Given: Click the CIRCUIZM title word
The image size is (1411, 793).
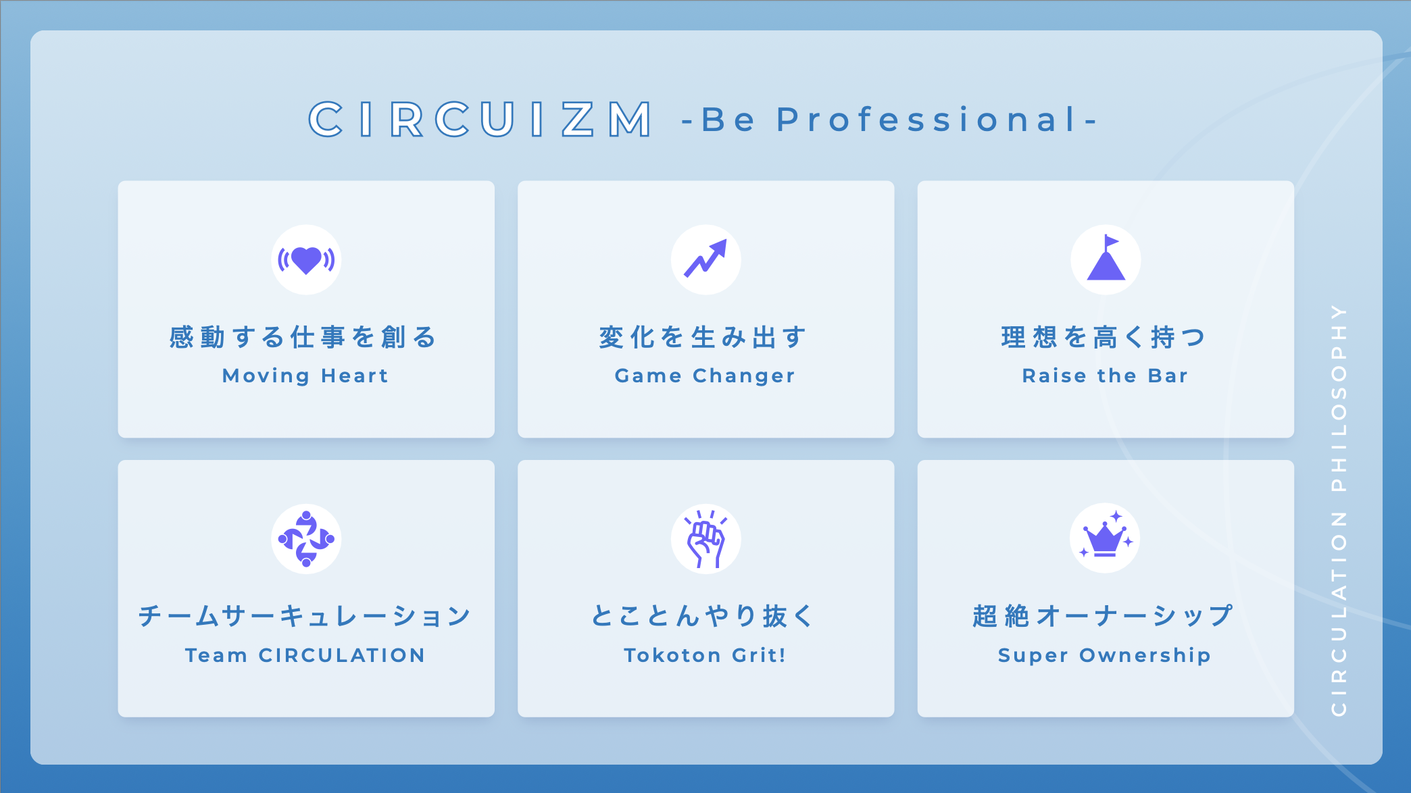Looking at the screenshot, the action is pos(480,120).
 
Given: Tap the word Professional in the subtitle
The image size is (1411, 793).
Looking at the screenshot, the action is pos(926,120).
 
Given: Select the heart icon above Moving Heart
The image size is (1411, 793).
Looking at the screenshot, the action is pos(306,260).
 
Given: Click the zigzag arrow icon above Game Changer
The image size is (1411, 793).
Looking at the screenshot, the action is pos(705,259).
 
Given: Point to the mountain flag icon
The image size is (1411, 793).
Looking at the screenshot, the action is pos(1106,257).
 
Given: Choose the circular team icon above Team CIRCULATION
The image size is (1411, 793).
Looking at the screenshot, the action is pos(306,539).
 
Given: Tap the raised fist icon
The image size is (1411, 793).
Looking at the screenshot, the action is pos(705,539).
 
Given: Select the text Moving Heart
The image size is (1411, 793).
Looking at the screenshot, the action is pos(305,376).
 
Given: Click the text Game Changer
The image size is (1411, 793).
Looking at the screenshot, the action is pos(705,376).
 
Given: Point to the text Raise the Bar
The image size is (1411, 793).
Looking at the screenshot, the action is pos(1105,376).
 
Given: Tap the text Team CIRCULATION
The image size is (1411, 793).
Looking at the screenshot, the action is pos(305,655).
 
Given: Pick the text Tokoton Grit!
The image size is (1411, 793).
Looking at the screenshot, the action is pos(705,655).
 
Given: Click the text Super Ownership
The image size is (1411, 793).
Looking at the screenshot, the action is pos(1105,656).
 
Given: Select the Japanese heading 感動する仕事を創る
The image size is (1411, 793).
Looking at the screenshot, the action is pos(304,337).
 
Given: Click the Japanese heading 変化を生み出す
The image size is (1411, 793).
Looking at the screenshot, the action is pos(704,337).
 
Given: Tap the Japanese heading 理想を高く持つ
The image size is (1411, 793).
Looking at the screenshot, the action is pos(1104,337).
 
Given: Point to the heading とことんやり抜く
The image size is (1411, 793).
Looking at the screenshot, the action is pos(704,616).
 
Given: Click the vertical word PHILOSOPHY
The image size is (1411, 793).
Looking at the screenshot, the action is pos(1339,398).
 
